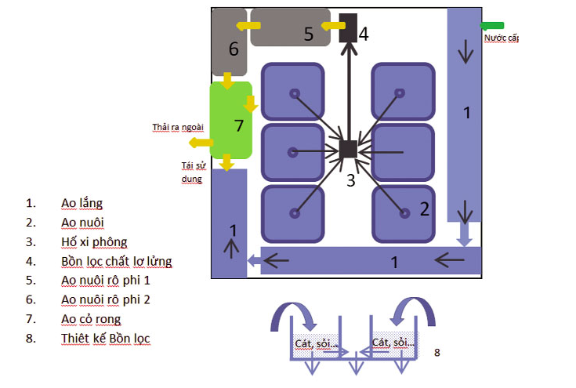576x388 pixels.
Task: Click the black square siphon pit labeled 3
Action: (x=349, y=149)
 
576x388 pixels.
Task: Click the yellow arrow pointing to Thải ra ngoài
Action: (x=201, y=143)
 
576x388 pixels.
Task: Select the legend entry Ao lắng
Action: (x=82, y=203)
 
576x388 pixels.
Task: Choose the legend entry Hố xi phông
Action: (x=94, y=241)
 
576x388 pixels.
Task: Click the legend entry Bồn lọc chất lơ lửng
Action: (x=117, y=261)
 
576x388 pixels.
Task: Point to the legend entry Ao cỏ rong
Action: (x=92, y=319)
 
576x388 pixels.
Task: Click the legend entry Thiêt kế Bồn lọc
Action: (x=106, y=339)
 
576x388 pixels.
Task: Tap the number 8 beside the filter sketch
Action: (x=437, y=353)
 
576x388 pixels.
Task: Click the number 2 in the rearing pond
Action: (x=424, y=209)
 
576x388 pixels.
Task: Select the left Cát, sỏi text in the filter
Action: (x=315, y=343)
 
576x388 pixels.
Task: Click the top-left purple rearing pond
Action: (x=292, y=92)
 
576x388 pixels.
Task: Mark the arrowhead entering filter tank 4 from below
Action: (x=348, y=49)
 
